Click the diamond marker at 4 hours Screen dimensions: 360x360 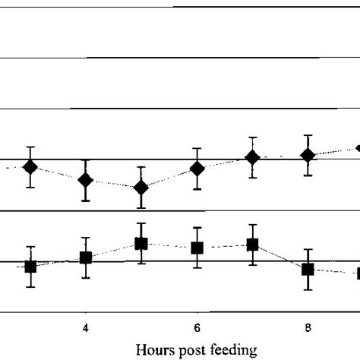(86, 180)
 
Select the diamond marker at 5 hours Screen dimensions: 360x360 (141, 187)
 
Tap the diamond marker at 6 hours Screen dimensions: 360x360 (197, 169)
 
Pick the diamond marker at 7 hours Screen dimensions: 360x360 (252, 157)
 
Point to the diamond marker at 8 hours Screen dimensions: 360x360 (308, 155)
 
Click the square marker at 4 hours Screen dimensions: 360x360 (86, 257)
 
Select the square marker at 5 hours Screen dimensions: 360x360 (141, 244)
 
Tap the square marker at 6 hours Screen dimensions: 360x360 (197, 248)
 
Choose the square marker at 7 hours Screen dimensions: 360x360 (252, 245)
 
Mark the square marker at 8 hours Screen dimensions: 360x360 (308, 269)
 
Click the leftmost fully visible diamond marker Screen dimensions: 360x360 (30, 167)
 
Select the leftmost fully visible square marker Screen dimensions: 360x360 (30, 267)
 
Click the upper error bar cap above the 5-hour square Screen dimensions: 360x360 (141, 223)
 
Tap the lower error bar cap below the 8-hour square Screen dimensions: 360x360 (308, 289)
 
